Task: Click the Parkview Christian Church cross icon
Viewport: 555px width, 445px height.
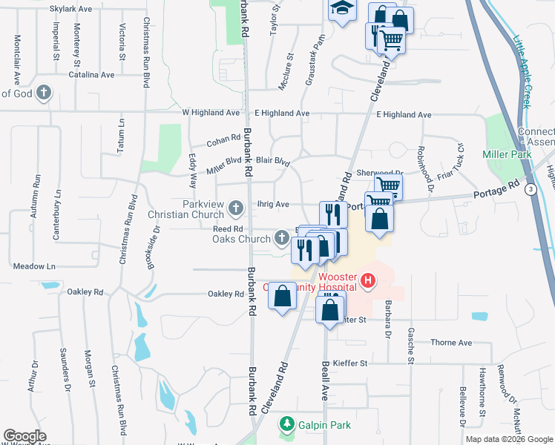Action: pos(236,206)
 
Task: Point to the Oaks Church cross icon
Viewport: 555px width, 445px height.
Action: pos(281,237)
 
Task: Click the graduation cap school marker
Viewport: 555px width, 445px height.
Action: pos(341,9)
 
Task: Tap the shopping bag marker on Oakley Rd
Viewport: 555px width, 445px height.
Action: pos(283,296)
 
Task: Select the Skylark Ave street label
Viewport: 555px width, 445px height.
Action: pos(70,9)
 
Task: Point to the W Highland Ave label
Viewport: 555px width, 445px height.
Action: pos(211,113)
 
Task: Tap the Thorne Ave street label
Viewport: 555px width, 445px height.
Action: pos(451,343)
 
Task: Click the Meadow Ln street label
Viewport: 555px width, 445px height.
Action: pos(34,266)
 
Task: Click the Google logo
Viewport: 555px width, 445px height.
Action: pos(24,436)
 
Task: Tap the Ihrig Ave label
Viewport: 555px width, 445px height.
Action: pos(273,204)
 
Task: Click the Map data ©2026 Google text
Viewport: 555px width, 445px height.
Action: pos(509,439)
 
